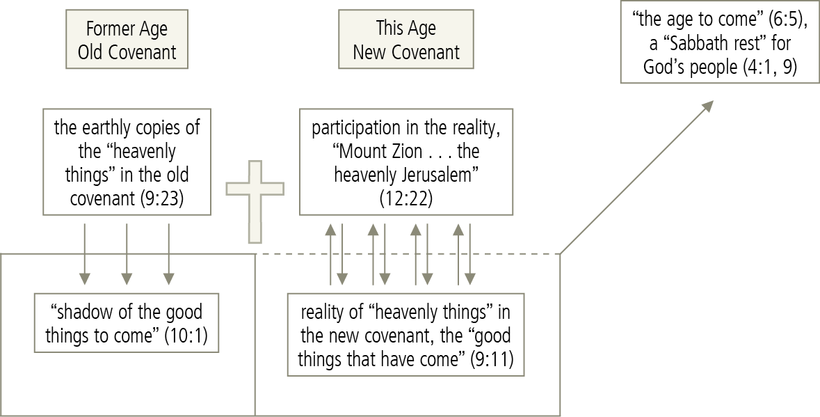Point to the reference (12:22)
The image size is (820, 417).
click(x=405, y=198)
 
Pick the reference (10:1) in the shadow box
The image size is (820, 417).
click(x=186, y=335)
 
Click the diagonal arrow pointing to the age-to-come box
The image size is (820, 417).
click(x=636, y=177)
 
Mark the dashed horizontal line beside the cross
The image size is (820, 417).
click(x=410, y=254)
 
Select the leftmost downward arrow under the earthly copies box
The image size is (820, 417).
click(x=85, y=253)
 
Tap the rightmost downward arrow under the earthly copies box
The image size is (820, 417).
click(x=169, y=253)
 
